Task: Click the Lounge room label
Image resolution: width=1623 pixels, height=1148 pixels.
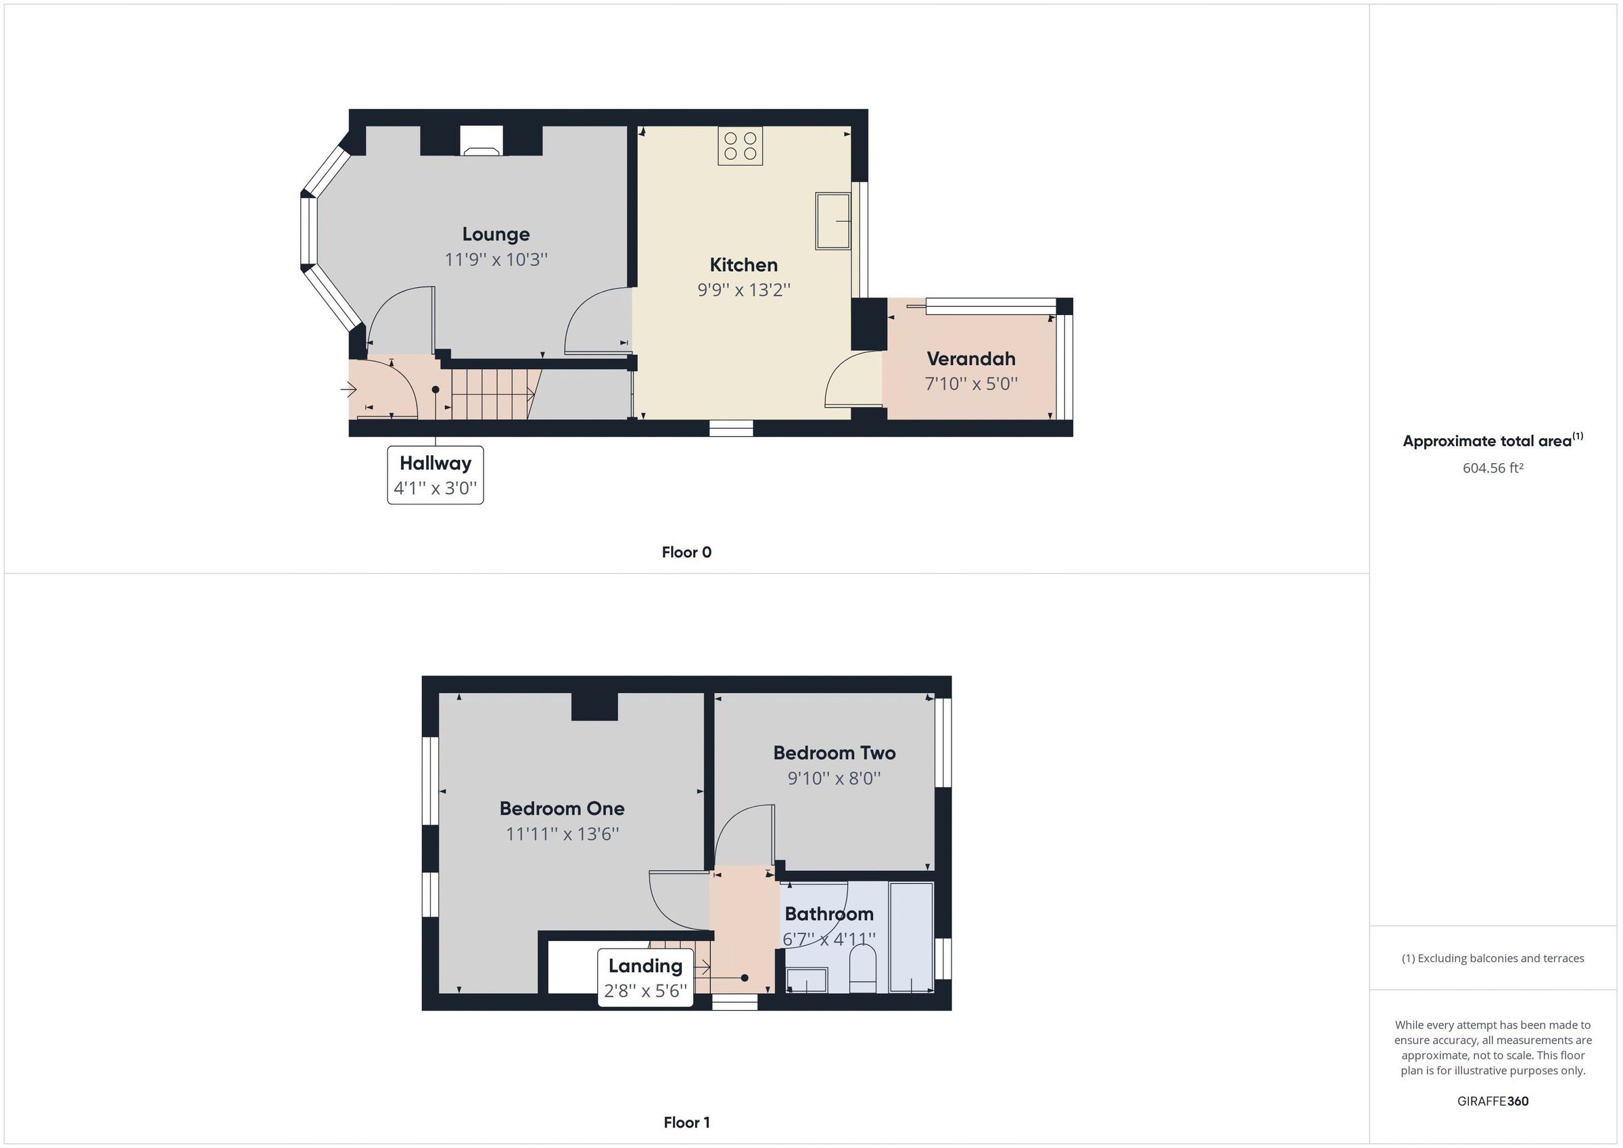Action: point(496,235)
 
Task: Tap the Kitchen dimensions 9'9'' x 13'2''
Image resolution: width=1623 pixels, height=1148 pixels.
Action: point(743,290)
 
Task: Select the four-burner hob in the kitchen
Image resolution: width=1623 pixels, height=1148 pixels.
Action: point(739,146)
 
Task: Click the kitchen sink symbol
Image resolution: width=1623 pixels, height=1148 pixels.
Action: point(832,221)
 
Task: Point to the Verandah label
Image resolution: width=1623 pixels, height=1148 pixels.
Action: point(970,359)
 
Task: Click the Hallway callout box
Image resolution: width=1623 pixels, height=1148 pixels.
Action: point(435,475)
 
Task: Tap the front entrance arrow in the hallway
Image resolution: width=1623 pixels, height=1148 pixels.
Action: point(348,389)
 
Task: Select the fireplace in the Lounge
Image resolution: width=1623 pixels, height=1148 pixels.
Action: point(481,141)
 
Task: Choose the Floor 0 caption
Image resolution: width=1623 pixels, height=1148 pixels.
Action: point(686,553)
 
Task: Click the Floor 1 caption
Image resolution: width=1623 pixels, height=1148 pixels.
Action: point(686,1122)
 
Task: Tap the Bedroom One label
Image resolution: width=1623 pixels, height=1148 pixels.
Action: point(561,809)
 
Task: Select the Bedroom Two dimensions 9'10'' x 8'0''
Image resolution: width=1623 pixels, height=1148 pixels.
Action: point(833,778)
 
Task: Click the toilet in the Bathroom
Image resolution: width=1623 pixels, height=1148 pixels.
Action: point(862,968)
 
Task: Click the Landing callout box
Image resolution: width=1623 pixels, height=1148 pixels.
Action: point(644,978)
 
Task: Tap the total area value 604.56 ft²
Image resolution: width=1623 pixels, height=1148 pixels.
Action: point(1492,468)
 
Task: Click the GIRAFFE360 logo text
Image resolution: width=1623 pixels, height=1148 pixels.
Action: point(1492,1101)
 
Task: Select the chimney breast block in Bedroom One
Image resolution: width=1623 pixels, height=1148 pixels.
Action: point(594,707)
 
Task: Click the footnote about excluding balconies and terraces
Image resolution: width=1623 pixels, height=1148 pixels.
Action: point(1492,959)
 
